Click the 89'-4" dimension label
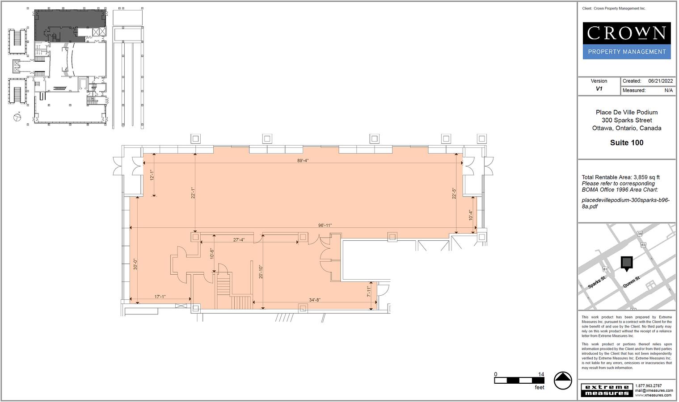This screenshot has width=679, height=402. (x=303, y=160)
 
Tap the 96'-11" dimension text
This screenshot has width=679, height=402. (x=325, y=226)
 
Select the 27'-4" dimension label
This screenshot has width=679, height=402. (x=239, y=240)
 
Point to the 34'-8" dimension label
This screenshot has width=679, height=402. (x=315, y=300)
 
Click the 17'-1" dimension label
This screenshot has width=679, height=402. (x=160, y=297)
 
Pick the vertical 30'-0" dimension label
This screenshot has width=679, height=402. (x=135, y=264)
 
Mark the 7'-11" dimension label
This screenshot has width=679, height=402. (x=369, y=291)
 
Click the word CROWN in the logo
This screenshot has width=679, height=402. (x=627, y=33)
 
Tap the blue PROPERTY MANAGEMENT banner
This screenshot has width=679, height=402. (x=627, y=52)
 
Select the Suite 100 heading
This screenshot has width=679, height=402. (x=627, y=142)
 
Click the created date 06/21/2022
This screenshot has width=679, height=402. (x=661, y=81)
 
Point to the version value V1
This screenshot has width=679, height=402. (x=599, y=89)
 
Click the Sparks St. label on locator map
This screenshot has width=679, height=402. (x=597, y=282)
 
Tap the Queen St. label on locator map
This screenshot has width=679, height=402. (x=632, y=282)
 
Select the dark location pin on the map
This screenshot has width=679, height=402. (x=627, y=264)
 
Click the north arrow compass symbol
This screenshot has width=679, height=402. (x=563, y=381)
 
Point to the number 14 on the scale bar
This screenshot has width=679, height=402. (x=541, y=374)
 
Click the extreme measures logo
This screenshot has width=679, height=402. (x=607, y=390)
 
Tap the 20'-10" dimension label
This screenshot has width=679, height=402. (x=261, y=272)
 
